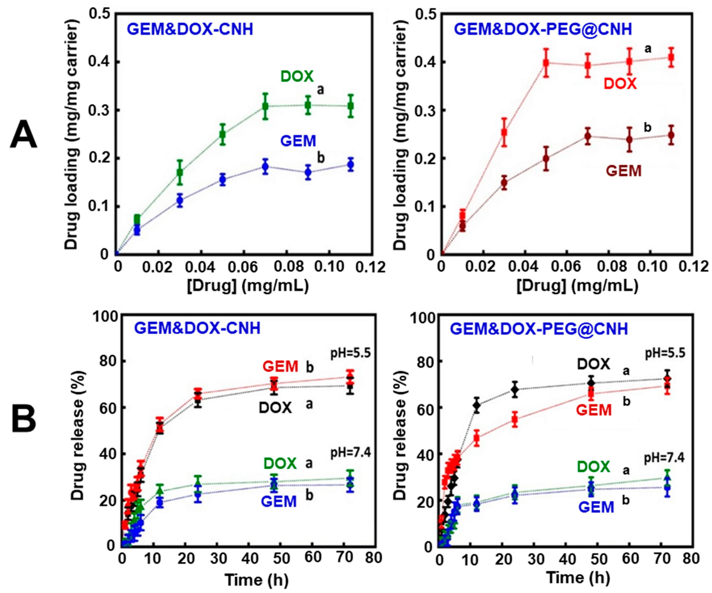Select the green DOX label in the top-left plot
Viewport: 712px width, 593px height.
pyautogui.click(x=297, y=77)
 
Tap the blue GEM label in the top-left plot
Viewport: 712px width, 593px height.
pyautogui.click(x=298, y=141)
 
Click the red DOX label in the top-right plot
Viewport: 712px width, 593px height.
pyautogui.click(x=620, y=83)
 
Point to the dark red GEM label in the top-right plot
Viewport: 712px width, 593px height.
pyautogui.click(x=624, y=171)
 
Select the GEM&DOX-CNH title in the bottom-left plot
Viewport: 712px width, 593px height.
pyautogui.click(x=197, y=328)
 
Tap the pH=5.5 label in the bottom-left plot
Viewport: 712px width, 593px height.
pyautogui.click(x=351, y=354)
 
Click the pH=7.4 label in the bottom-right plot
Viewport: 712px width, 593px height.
pyautogui.click(x=664, y=458)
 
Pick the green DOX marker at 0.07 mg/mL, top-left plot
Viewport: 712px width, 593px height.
pyautogui.click(x=266, y=106)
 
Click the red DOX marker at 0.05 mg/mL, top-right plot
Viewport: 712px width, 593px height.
pyautogui.click(x=546, y=63)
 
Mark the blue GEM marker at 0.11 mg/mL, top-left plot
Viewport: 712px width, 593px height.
pyautogui.click(x=351, y=165)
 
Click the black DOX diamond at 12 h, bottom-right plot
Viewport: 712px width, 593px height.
pyautogui.click(x=477, y=405)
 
